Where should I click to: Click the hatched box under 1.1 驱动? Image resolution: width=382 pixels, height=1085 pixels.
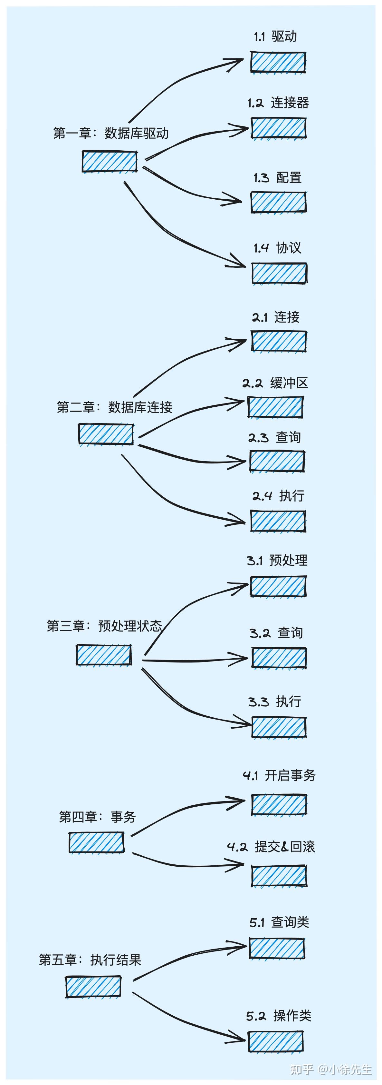coord(278,62)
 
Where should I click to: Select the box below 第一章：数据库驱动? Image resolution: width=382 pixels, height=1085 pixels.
coord(110,161)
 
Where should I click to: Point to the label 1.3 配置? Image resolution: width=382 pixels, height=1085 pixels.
coord(278,178)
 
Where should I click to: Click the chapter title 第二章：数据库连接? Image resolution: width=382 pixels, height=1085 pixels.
coord(114,407)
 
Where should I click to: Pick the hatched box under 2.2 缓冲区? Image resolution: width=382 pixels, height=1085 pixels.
coord(275,407)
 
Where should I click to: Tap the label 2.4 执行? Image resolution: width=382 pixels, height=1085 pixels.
coord(278,496)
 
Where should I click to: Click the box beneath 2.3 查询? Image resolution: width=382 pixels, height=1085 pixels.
coord(277,461)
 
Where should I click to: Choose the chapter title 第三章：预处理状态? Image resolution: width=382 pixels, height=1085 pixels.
coord(104,626)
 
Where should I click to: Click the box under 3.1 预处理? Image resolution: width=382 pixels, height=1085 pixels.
coord(278,586)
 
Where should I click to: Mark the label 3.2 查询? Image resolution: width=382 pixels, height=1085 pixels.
coord(276,632)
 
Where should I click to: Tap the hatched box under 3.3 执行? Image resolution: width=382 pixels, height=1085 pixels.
coord(279,727)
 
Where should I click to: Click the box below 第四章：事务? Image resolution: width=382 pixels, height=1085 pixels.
coord(96,842)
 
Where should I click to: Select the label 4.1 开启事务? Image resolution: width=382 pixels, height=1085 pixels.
coord(279,775)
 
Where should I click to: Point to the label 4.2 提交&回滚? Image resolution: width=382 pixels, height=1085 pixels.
coord(271,847)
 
